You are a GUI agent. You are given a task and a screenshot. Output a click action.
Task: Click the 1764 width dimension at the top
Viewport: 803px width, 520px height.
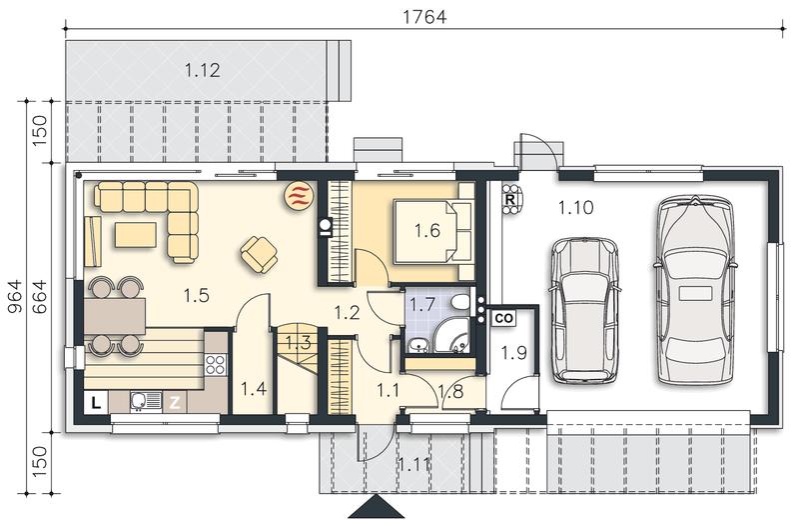click(424, 17)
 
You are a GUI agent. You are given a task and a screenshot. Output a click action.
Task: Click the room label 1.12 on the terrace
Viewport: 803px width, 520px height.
click(203, 70)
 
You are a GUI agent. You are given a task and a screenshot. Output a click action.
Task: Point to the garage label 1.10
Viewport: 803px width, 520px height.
click(575, 208)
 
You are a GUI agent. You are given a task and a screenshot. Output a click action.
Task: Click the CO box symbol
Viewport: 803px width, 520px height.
click(504, 318)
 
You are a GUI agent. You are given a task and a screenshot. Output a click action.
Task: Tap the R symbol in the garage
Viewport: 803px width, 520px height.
click(510, 199)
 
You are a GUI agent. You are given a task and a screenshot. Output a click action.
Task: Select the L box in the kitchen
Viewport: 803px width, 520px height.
click(96, 403)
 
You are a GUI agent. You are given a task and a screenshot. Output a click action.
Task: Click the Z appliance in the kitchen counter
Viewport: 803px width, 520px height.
click(175, 403)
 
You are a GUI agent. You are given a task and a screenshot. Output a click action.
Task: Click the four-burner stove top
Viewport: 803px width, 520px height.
click(216, 365)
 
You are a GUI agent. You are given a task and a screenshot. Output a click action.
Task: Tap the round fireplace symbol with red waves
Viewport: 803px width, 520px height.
click(299, 195)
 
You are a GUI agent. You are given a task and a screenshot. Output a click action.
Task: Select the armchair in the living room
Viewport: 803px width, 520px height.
click(260, 254)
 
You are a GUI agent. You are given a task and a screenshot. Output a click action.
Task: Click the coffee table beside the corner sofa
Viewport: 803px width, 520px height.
click(135, 235)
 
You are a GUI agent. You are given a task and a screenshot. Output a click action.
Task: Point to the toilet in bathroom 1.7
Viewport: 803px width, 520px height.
click(460, 301)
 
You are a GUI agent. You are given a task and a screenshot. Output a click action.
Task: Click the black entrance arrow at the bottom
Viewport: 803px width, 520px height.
click(377, 507)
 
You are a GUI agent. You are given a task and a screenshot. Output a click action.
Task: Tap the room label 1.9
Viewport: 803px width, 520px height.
click(513, 353)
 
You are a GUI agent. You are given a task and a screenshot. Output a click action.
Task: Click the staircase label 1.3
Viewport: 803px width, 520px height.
click(298, 342)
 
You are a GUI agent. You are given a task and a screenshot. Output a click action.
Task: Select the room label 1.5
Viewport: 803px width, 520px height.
click(197, 295)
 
